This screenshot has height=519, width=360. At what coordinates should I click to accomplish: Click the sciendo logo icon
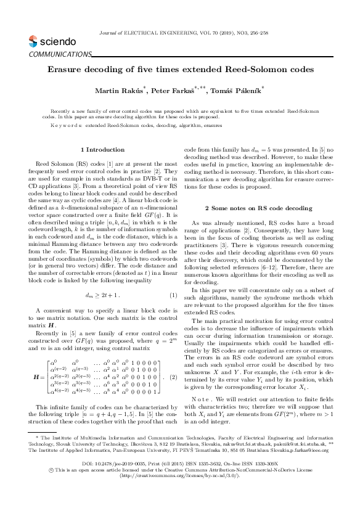[x=33, y=42]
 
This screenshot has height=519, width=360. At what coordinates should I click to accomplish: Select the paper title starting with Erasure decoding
[x=180, y=70]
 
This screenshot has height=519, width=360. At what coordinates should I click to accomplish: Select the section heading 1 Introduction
[x=102, y=150]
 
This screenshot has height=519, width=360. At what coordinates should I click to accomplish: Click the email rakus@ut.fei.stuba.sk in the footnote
[x=247, y=460]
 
